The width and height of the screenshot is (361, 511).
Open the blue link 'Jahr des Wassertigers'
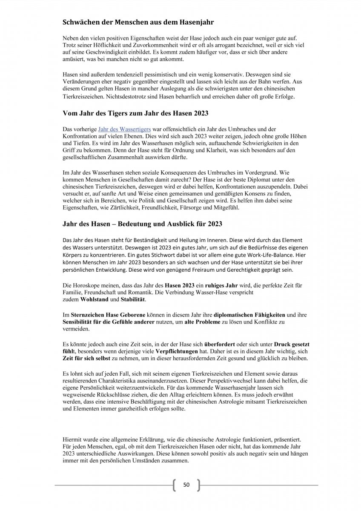pos(121,128)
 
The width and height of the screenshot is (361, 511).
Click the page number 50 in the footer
pos(186,485)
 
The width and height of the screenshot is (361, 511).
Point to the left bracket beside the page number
pos(175,485)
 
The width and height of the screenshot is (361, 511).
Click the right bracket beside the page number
pos(198,485)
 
